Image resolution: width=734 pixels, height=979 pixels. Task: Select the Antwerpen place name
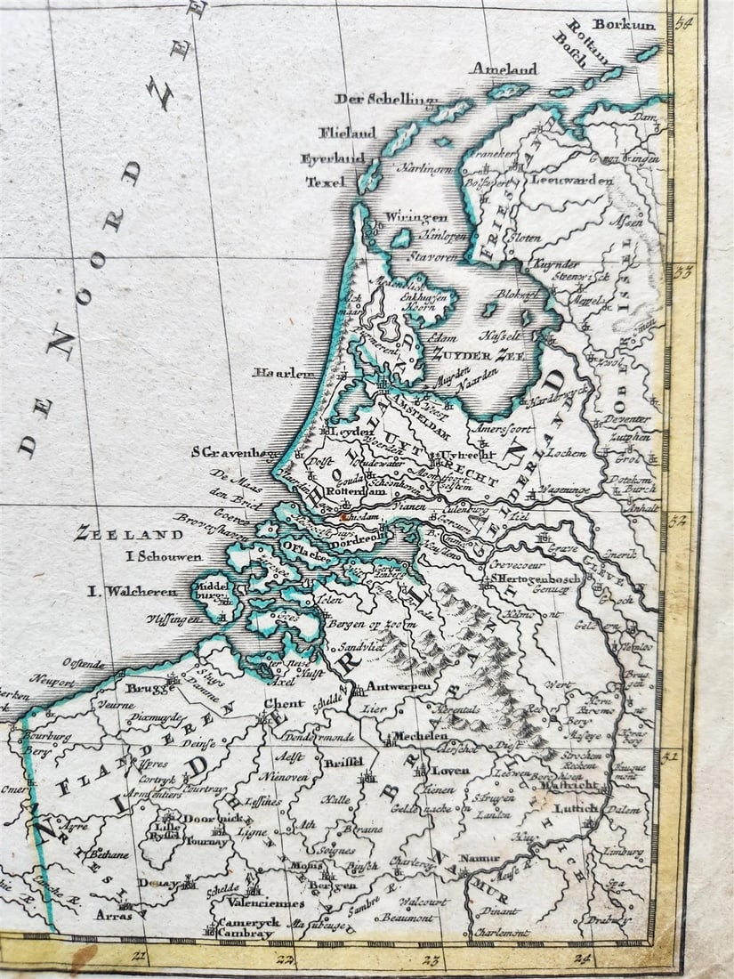399,686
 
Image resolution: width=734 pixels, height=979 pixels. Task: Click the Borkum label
624,25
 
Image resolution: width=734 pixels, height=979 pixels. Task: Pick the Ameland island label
504,69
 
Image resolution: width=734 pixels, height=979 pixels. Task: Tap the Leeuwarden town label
572,180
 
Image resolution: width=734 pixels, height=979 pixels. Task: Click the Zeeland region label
129,534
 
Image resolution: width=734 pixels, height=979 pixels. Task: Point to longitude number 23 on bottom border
431,959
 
